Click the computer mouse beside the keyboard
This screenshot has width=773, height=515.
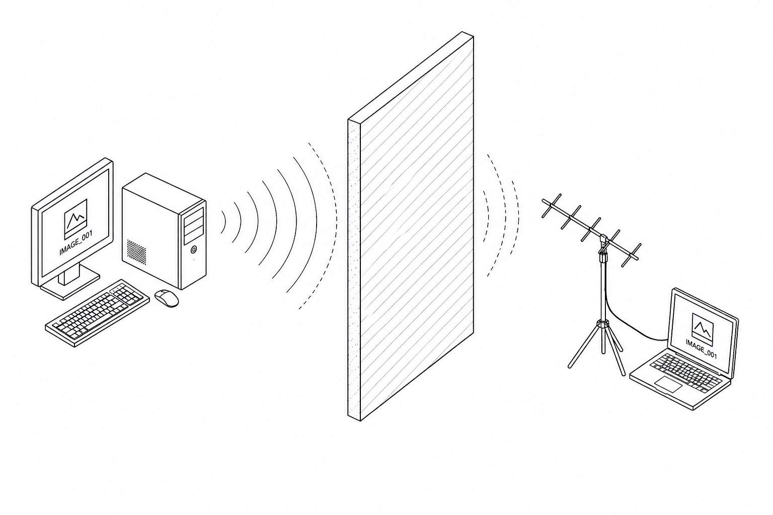tap(167, 298)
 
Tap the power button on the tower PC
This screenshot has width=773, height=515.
tap(194, 249)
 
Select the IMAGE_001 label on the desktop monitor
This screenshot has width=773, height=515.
tap(76, 243)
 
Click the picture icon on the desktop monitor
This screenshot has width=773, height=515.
tap(75, 219)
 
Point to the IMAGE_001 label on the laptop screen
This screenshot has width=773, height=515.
tap(701, 349)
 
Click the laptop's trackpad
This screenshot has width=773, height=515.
tap(668, 384)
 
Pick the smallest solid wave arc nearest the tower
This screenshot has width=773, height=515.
tap(223, 222)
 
